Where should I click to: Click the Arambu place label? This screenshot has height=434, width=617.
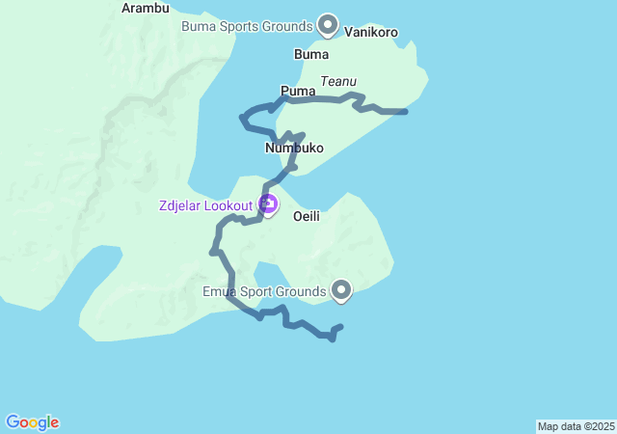146,8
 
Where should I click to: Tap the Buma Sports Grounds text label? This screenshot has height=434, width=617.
247,25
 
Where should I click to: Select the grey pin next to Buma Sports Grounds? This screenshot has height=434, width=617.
328,23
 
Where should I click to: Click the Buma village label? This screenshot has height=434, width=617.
310,55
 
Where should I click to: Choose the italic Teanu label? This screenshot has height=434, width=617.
337,82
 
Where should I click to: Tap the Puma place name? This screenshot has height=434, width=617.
298,91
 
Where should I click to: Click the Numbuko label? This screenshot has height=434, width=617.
294,149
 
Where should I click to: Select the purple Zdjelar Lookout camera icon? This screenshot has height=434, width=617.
268,203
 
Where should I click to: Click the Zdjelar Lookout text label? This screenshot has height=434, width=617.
206,204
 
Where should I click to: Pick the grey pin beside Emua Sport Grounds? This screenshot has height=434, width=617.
341,288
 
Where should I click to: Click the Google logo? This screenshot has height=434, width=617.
32,422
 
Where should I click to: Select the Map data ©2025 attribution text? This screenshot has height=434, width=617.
576,426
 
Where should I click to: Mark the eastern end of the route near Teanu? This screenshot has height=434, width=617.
405,112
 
